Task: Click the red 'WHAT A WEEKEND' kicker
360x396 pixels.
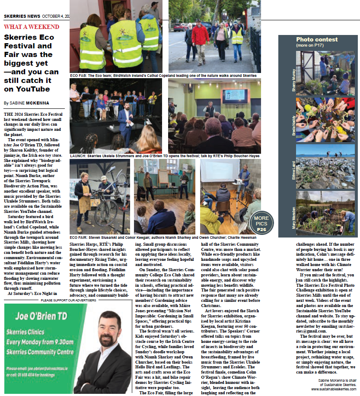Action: (32, 27)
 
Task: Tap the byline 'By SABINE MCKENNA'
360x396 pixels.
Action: (26, 103)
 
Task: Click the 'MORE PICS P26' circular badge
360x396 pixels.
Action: (261, 224)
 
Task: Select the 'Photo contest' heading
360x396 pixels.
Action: (317, 39)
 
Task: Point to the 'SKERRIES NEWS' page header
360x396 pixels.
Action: (22, 16)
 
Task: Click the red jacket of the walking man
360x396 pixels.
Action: (200, 35)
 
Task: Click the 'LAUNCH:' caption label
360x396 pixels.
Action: (78, 156)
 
